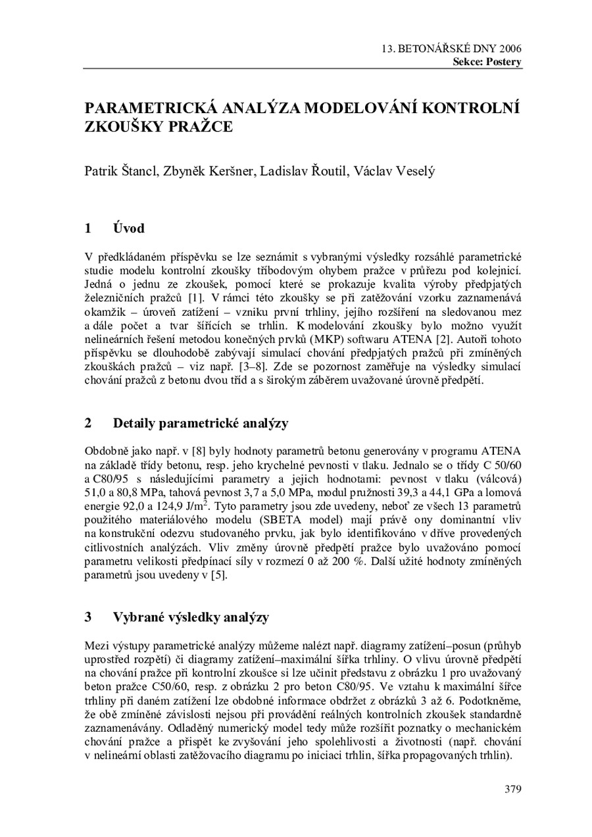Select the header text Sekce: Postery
tap(487, 62)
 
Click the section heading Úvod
tap(128, 229)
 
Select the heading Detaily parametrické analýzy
tap(201, 423)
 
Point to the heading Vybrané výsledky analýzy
tap(191, 617)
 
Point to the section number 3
tap(88, 617)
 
